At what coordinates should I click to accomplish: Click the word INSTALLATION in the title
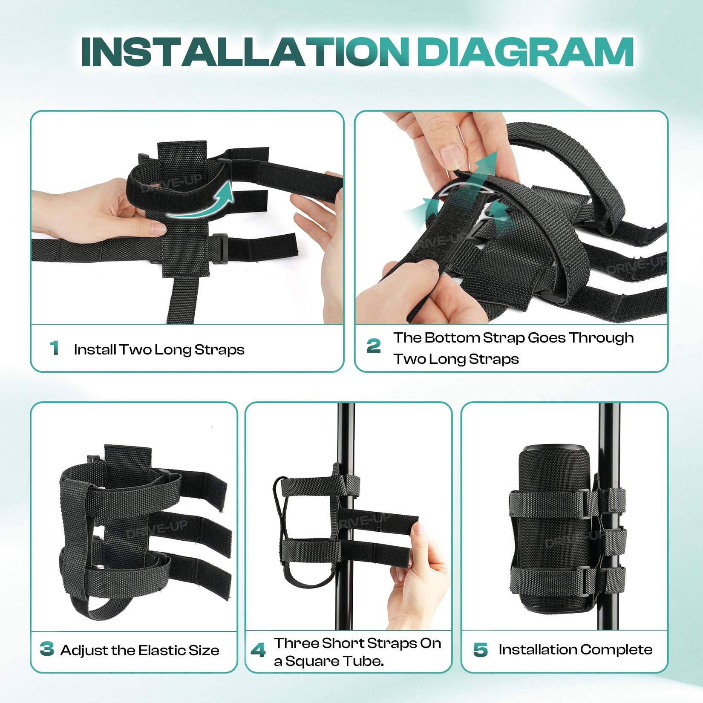(245, 52)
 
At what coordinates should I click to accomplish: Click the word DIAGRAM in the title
(525, 52)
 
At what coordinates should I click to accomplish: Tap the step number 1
(54, 348)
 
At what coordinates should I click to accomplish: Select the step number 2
(374, 346)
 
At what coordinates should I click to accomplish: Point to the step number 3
(46, 649)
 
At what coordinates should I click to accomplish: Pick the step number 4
(258, 650)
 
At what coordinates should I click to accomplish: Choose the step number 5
(480, 650)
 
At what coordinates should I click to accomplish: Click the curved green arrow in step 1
(200, 209)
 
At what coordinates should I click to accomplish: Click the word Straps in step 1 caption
(219, 350)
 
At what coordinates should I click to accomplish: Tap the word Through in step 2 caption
(601, 338)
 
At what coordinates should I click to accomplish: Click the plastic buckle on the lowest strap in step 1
(219, 248)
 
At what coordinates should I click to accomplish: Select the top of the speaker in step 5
(555, 450)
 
